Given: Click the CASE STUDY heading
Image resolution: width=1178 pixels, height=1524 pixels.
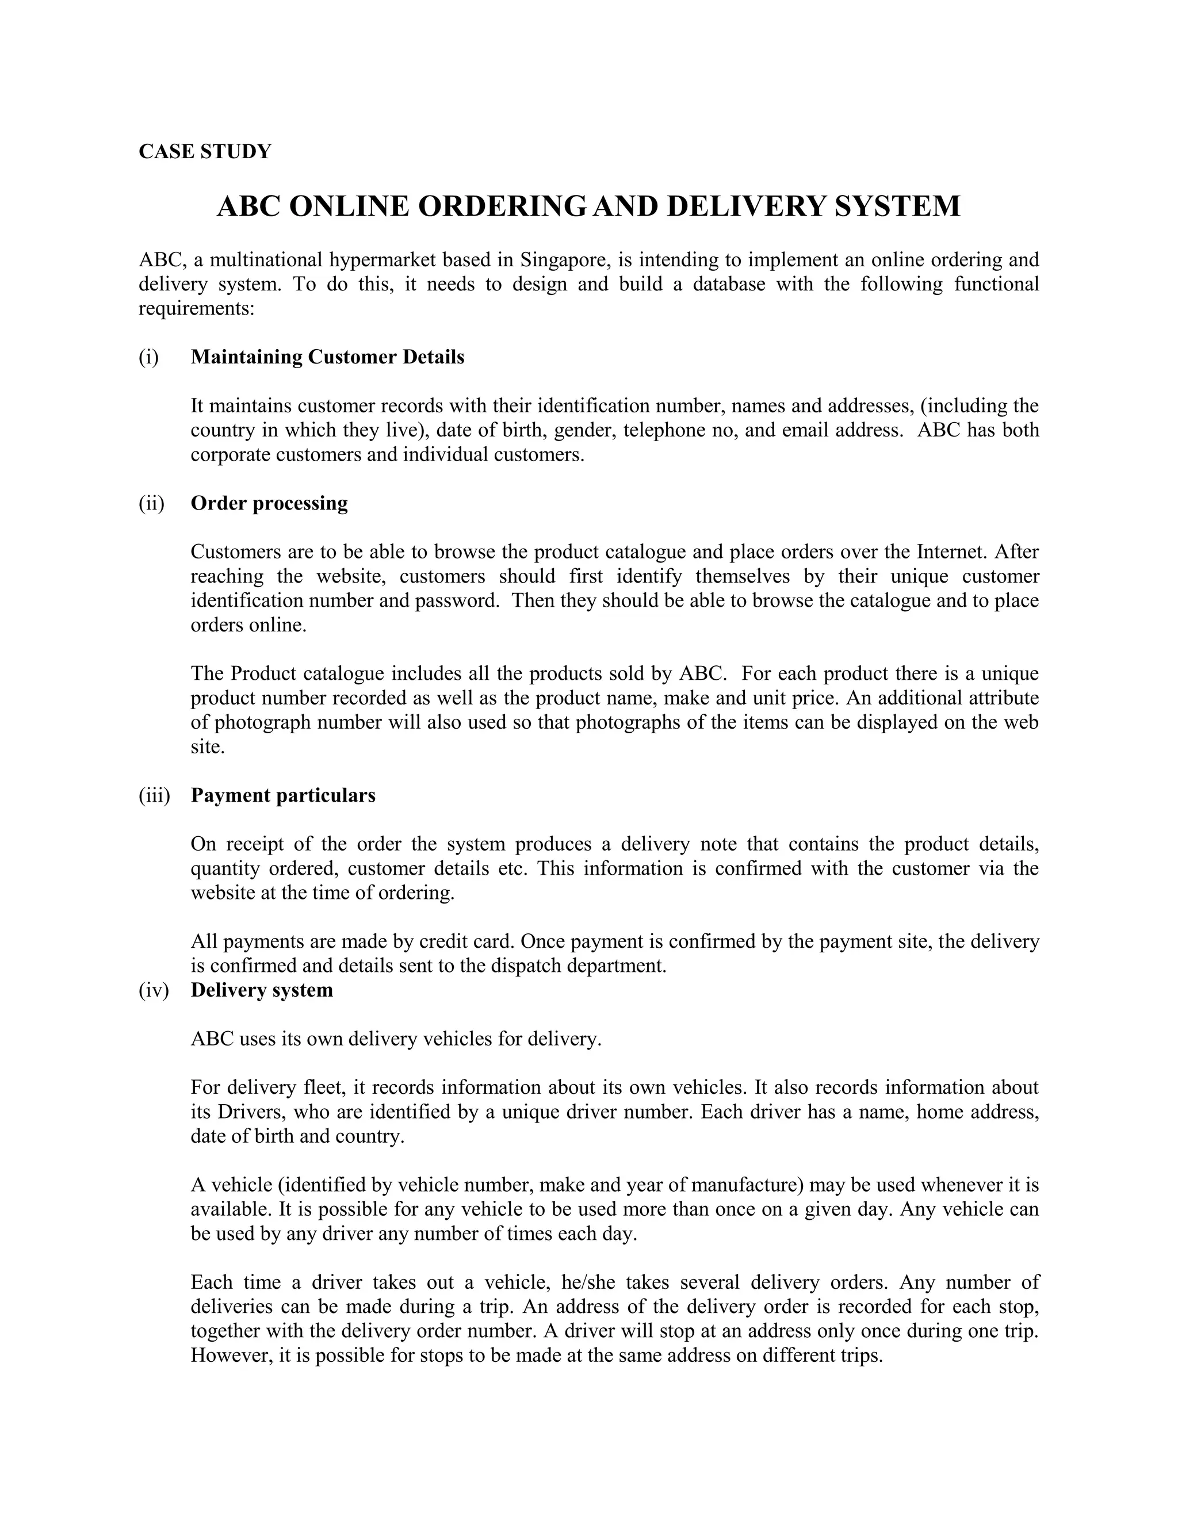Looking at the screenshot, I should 204,151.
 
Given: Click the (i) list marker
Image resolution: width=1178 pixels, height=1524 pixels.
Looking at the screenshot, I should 148,357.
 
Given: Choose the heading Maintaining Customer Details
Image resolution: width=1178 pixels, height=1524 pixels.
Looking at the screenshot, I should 327,357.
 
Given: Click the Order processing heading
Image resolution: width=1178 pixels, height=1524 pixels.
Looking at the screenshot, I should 269,503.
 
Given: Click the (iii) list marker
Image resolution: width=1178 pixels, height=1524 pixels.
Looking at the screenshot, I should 154,795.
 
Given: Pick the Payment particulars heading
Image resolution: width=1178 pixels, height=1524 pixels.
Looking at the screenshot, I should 282,795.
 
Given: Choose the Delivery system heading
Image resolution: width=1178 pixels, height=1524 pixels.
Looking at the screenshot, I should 262,990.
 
